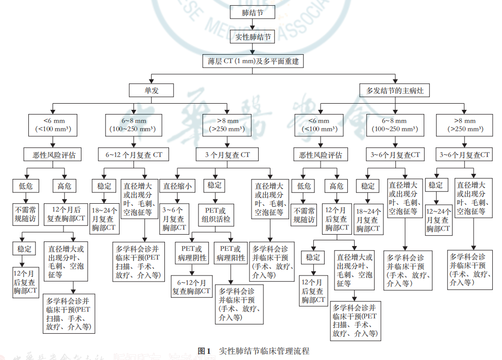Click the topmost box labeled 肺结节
click(x=252, y=12)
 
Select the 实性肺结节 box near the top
click(x=252, y=37)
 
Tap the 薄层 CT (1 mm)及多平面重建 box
click(x=252, y=61)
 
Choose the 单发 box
click(x=151, y=90)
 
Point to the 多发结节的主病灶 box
click(x=396, y=90)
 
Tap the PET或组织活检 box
click(x=215, y=215)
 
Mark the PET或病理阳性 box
click(x=231, y=252)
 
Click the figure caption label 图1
click(x=205, y=351)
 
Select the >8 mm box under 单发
click(x=227, y=125)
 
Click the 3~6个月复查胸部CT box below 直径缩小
click(x=173, y=219)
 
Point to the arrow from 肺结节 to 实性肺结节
click(x=252, y=24)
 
